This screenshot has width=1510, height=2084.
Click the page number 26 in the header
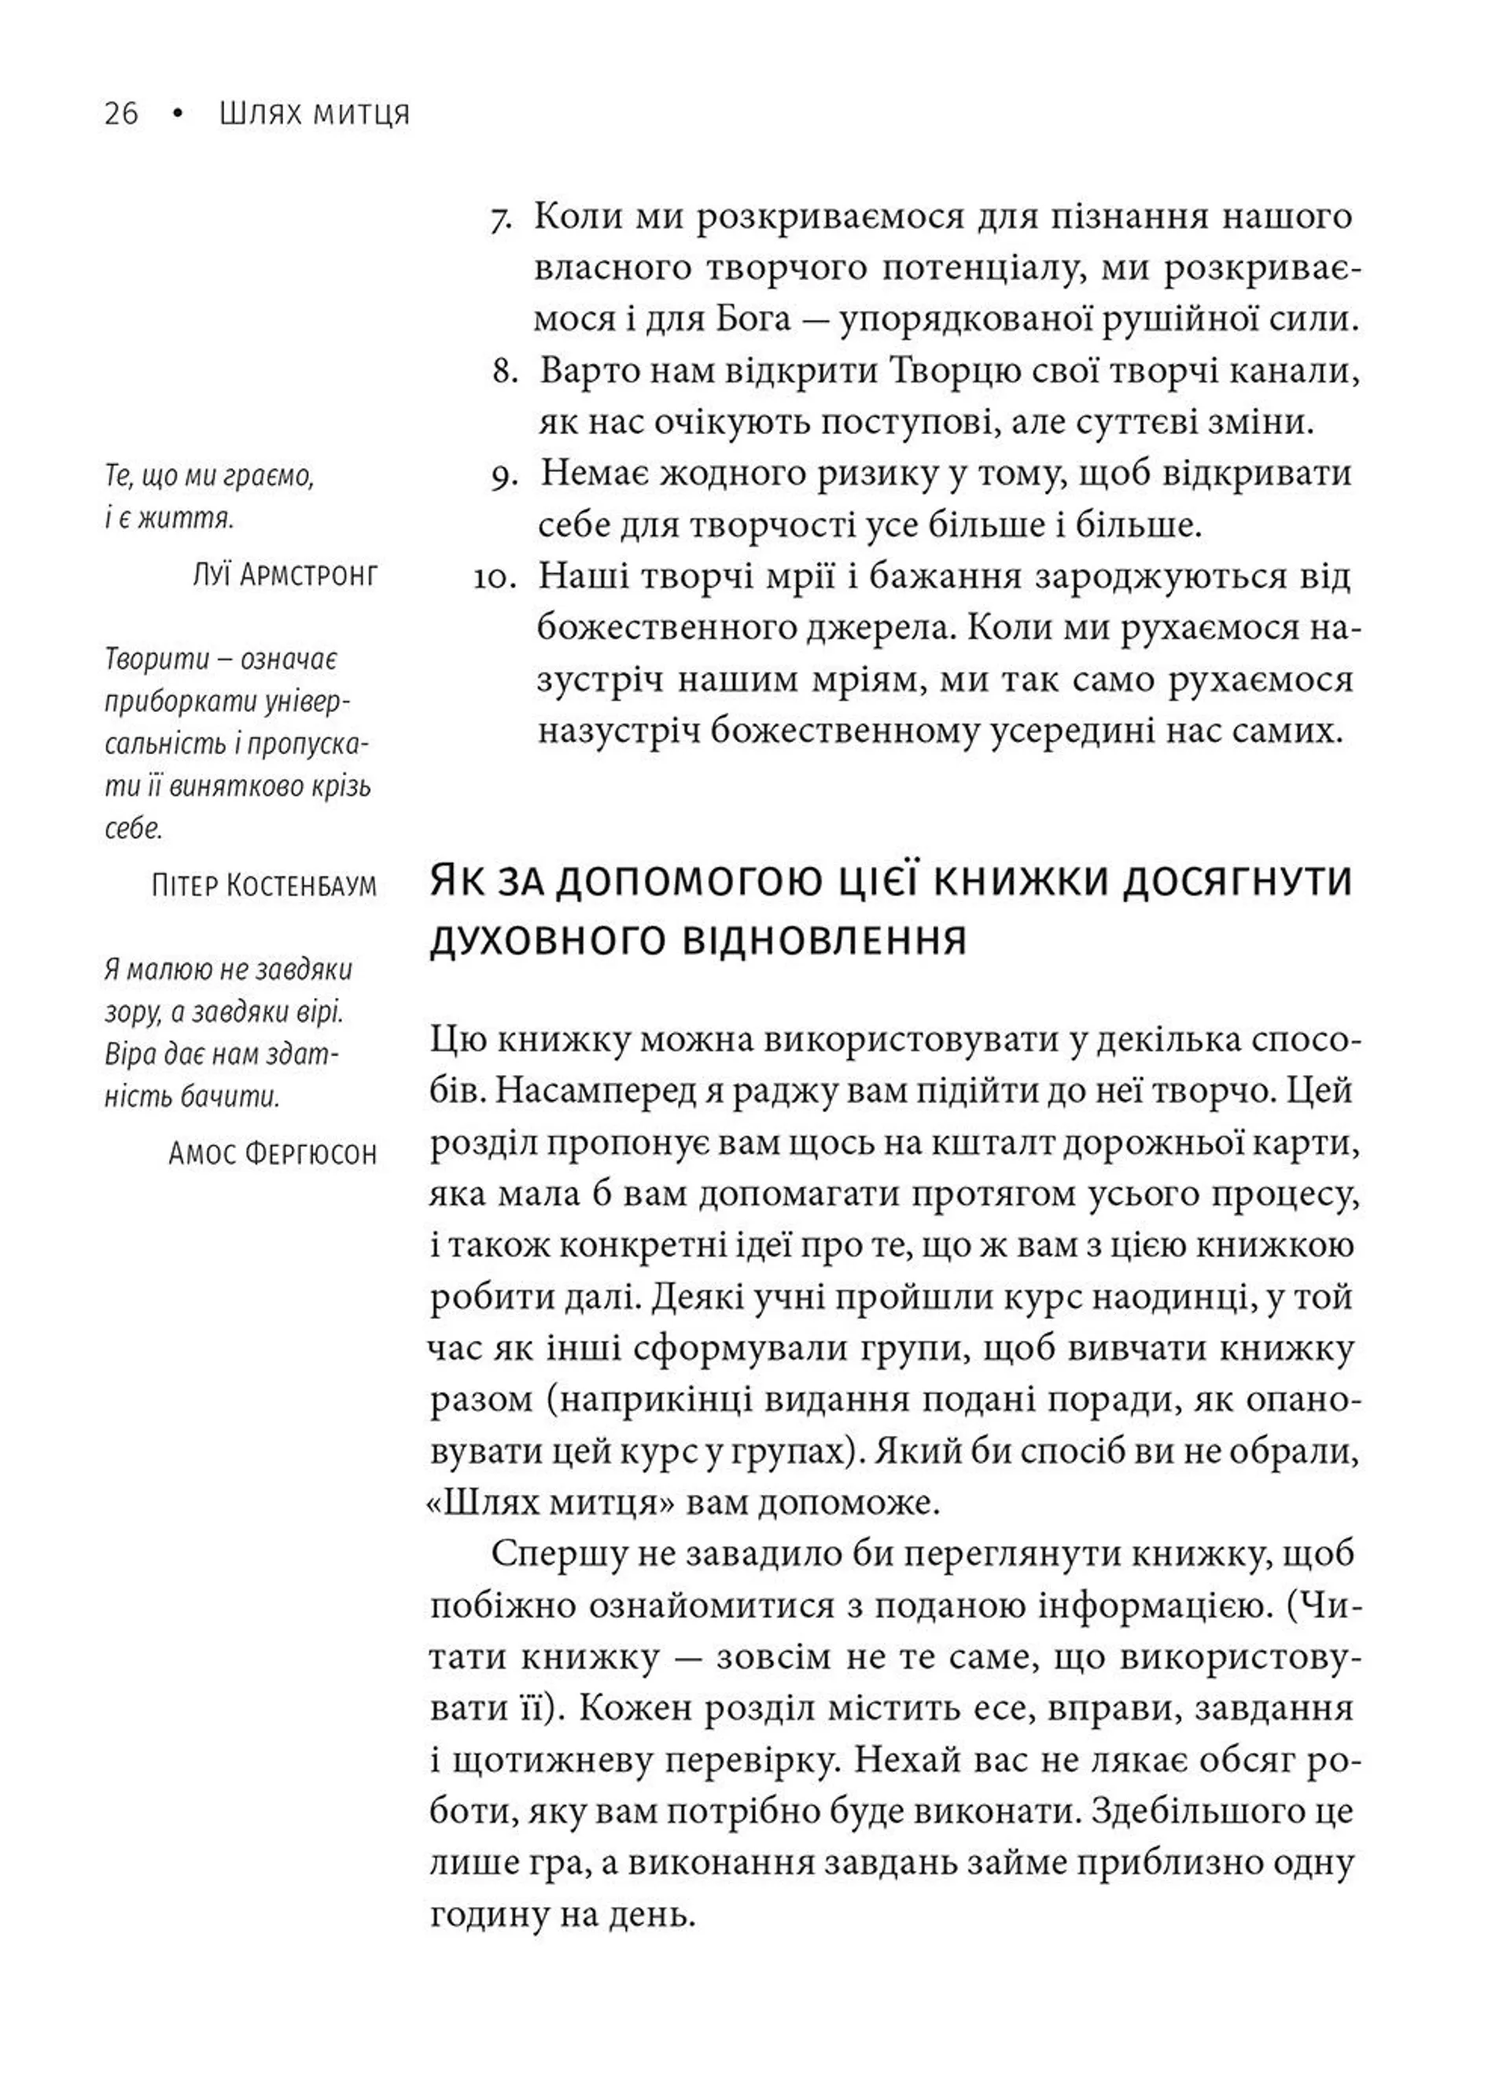[x=120, y=114]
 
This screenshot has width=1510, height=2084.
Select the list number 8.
[x=507, y=372]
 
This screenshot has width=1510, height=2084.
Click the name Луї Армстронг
[x=285, y=575]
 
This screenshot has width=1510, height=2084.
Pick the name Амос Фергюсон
[x=272, y=1154]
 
